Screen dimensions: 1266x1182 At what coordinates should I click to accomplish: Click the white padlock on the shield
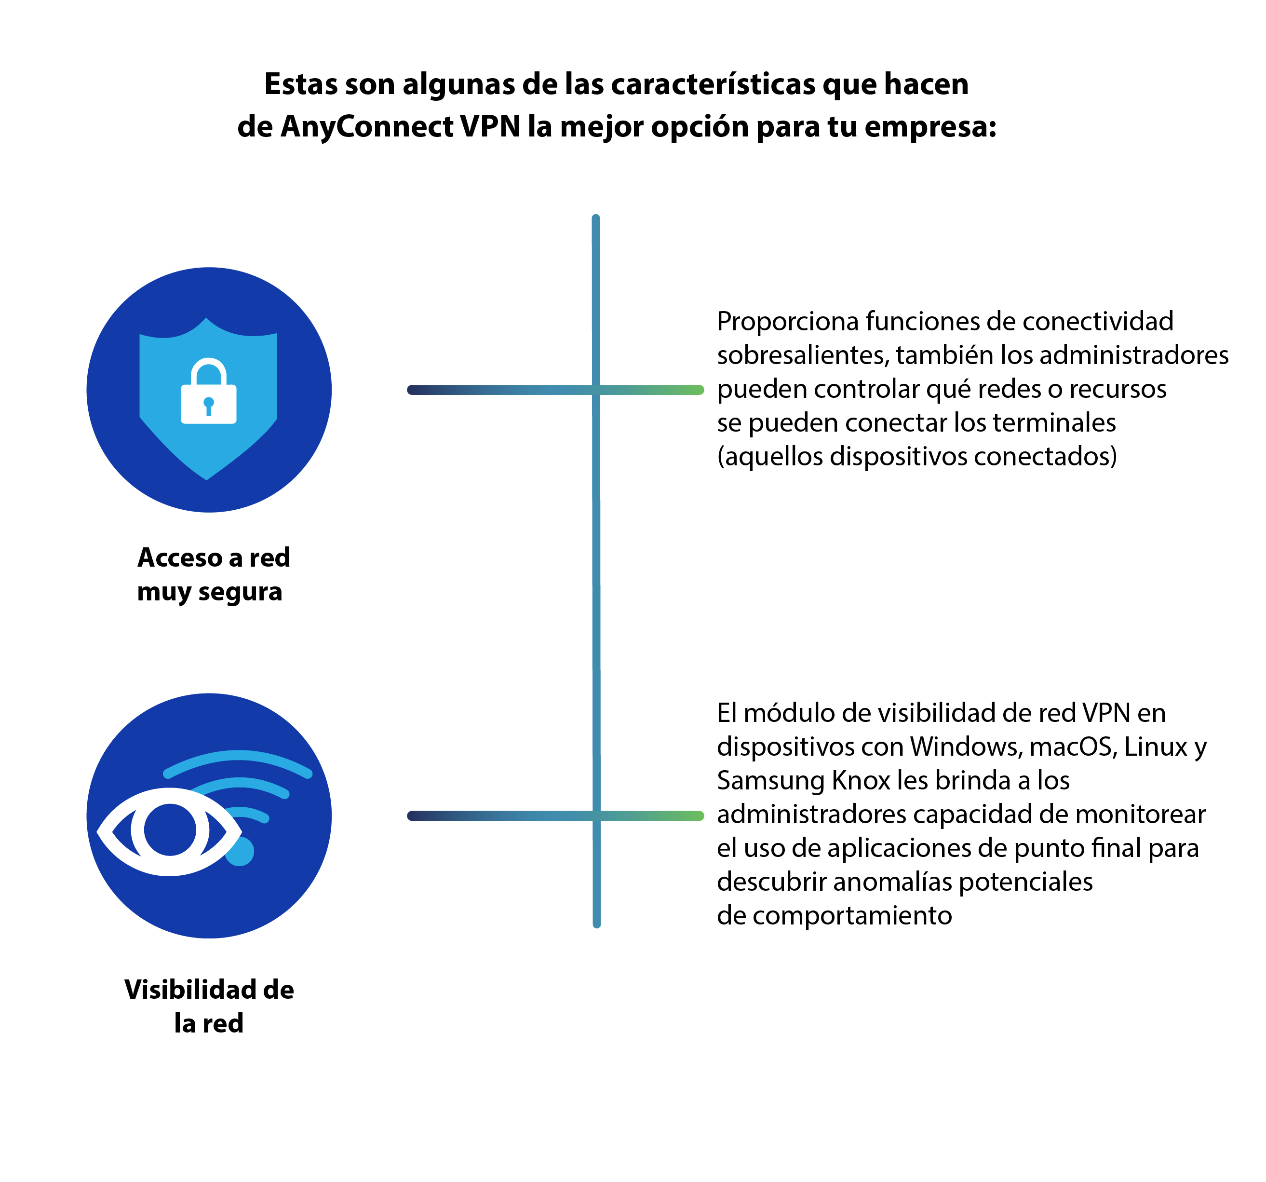[x=208, y=391]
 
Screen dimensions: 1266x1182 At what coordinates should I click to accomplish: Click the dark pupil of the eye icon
[x=169, y=830]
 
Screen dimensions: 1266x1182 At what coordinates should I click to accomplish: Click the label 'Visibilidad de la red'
[x=209, y=1006]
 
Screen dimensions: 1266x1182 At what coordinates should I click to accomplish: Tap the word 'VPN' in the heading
[x=490, y=126]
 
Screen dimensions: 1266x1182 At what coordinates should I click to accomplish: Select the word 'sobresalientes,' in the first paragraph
[x=803, y=355]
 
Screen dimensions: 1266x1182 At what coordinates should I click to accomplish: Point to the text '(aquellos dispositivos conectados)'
[x=917, y=457]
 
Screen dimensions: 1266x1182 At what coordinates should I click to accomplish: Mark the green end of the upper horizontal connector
[x=699, y=390]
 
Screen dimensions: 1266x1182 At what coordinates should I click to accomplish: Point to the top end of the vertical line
[x=595, y=218]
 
